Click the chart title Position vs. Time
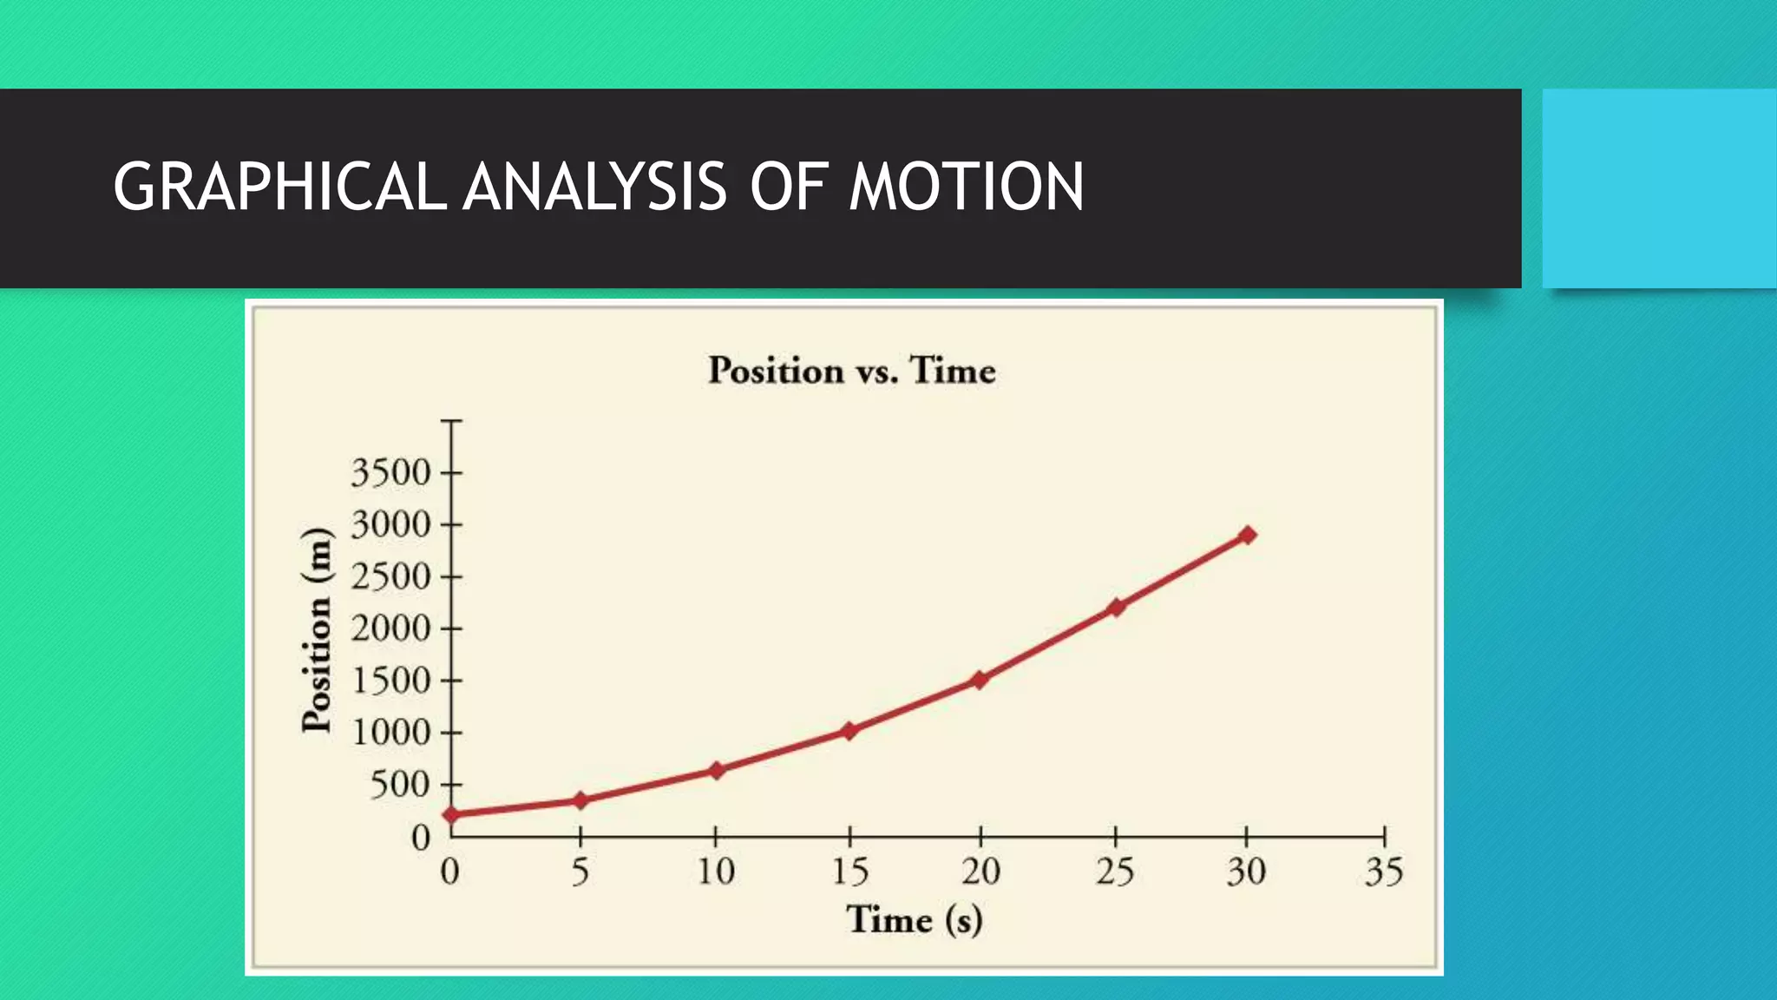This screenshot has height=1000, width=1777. click(851, 371)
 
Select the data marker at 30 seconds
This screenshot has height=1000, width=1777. click(1247, 535)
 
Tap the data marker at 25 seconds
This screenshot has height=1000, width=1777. click(1116, 607)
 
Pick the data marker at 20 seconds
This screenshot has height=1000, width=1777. click(980, 680)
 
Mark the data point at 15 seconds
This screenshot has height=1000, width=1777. click(849, 731)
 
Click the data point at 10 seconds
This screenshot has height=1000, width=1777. click(716, 770)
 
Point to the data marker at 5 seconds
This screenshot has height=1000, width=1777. click(580, 800)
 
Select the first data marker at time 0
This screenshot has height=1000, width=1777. click(451, 814)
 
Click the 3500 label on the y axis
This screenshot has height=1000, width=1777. click(390, 474)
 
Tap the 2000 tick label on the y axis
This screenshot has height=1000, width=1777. click(390, 628)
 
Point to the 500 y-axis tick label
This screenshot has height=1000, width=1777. click(400, 785)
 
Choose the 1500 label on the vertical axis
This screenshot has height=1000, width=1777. click(390, 681)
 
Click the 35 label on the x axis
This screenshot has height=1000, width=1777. click(1383, 872)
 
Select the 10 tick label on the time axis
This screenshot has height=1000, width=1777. click(716, 872)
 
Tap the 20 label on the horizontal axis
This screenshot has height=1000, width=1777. click(980, 872)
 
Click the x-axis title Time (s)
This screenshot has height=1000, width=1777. click(914, 920)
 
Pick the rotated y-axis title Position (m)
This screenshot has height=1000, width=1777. click(316, 629)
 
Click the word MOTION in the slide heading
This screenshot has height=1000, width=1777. click(966, 187)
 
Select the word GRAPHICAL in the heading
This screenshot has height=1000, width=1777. click(279, 187)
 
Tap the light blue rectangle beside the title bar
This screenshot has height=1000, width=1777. click(1659, 188)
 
